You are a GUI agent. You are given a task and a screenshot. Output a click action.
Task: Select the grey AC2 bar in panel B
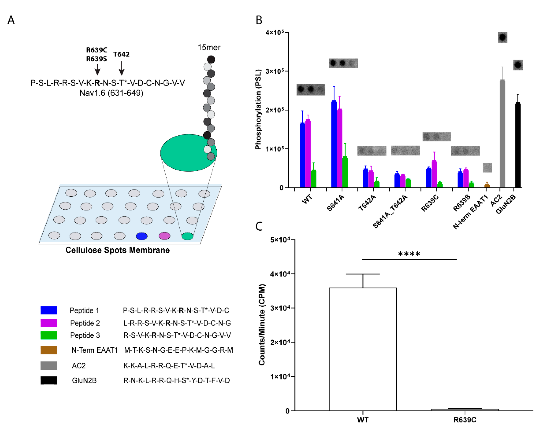[502, 134]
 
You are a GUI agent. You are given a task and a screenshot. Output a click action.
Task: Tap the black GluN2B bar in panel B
[518, 145]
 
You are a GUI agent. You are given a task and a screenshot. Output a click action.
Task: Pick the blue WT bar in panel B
[302, 155]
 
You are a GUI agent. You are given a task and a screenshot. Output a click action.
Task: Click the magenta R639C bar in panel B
[434, 174]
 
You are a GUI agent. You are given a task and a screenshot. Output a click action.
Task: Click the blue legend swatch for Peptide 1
[49, 310]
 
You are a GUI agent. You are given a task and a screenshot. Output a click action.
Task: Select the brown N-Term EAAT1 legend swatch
[49, 350]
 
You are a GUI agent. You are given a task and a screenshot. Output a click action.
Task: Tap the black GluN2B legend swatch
[49, 380]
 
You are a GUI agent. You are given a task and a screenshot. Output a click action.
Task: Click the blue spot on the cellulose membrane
[142, 236]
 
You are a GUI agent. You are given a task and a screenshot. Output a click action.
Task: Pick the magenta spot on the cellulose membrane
[165, 236]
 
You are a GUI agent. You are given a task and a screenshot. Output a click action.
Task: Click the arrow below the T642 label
[122, 68]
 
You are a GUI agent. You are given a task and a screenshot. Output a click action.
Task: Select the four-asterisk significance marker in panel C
[409, 254]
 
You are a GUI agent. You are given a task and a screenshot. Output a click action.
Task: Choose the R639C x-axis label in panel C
[465, 420]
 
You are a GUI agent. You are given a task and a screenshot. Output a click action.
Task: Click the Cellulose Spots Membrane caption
[117, 250]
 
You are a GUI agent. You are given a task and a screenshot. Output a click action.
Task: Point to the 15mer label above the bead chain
[209, 47]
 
